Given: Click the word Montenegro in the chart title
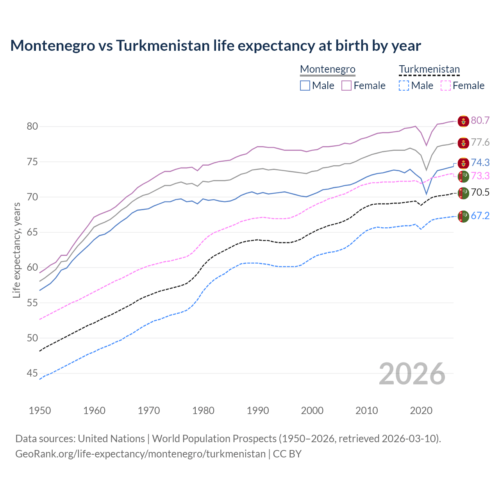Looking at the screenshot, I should [x=52, y=46].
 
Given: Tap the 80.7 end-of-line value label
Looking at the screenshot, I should [x=480, y=120].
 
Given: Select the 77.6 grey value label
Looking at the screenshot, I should [x=480, y=142].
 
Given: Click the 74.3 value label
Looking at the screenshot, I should [x=480, y=162].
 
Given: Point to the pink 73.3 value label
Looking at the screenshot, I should [x=480, y=176].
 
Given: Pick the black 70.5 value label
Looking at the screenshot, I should [x=480, y=192].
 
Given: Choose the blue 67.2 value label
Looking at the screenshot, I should [x=480, y=216].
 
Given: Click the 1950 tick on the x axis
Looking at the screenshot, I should [x=40, y=411].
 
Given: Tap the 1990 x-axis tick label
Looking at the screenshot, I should [x=258, y=411].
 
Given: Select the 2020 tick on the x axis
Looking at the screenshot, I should [x=421, y=411].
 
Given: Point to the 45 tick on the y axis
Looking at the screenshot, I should [x=32, y=373].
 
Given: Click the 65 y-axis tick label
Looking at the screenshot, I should [x=32, y=232].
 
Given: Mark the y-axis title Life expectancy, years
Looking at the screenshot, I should [x=16, y=250].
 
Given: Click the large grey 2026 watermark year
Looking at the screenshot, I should [x=412, y=374].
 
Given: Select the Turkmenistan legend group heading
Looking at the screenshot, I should [x=429, y=70].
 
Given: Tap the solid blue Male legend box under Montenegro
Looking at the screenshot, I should [x=305, y=86].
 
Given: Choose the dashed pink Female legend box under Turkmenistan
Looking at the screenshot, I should [x=445, y=86].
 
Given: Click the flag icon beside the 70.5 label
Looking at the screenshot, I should [x=463, y=193].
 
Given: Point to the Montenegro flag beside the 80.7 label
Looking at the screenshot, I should [x=463, y=121].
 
